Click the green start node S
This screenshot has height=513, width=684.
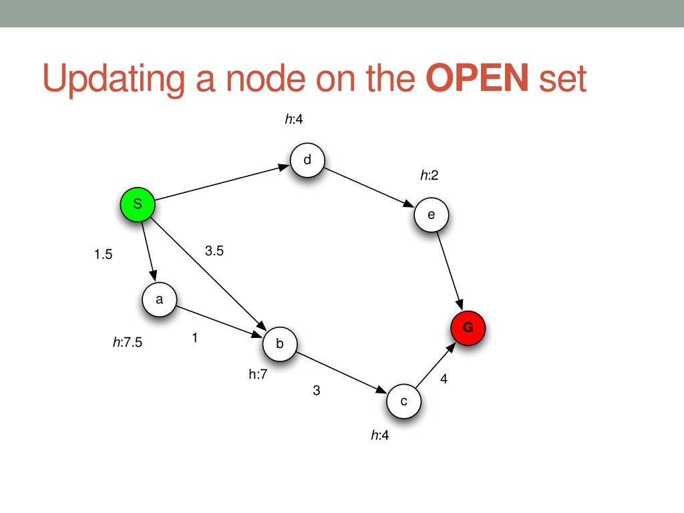pos(137,205)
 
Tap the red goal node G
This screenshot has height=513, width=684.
pos(468,328)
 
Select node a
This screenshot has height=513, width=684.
pos(159,300)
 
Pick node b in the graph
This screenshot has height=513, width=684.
pos(280,344)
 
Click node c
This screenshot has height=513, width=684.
pos(403,401)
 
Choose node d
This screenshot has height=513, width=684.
pos(307,160)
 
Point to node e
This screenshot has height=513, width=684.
pos(431,215)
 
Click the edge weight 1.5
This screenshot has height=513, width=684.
pos(104,254)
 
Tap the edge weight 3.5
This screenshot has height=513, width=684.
pos(214,251)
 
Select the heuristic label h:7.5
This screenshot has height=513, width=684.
pos(127,343)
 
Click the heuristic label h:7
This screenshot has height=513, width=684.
pos(258,375)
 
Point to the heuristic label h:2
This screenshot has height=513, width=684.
pos(430,176)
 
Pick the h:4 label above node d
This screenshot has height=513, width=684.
pos(295,120)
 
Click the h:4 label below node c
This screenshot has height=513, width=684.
pos(380,436)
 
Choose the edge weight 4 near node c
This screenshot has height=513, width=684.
pos(444,379)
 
